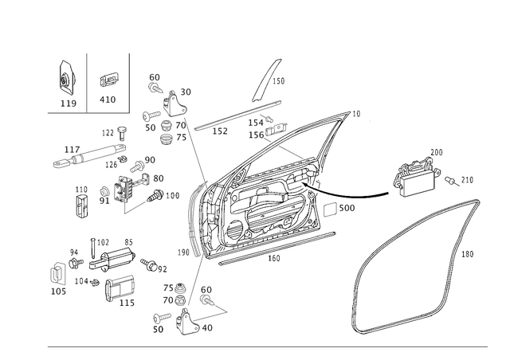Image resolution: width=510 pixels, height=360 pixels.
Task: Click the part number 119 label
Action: pos(69,104)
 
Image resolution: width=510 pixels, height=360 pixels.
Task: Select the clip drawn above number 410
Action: pos(108,80)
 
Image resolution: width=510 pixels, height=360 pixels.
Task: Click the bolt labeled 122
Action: pos(122,133)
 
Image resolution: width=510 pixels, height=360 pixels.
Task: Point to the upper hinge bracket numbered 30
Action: pos(174,104)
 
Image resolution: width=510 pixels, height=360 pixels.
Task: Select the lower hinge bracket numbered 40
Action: pos(188,323)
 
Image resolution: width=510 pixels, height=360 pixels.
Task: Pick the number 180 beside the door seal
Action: pos(467,254)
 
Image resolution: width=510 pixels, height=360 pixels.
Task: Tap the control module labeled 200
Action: pos(416,178)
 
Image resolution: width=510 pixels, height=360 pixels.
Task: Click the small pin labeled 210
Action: pos(451,181)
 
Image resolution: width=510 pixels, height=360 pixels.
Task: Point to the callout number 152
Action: pos(220,131)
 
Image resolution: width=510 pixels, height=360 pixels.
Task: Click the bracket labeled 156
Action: pos(277,129)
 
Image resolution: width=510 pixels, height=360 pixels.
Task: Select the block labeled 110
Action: pos(83,205)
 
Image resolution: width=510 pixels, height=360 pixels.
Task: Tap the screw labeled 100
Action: pos(156,196)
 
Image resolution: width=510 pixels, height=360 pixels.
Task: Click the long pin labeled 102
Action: pos(92,248)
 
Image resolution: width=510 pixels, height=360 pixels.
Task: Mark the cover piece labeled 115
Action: pos(120,288)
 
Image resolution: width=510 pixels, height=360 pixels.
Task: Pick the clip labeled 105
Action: pos(57,274)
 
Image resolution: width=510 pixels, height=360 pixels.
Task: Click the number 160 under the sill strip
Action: pos(274,259)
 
